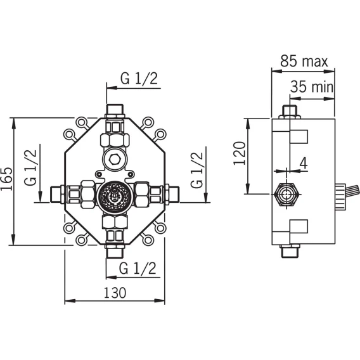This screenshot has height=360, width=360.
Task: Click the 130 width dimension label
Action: (115, 293)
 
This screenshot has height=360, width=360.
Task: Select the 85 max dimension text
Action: (304, 61)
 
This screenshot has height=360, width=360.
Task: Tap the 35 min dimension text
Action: (312, 87)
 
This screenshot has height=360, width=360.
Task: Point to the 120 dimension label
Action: (240, 153)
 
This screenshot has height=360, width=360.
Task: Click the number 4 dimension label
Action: (304, 164)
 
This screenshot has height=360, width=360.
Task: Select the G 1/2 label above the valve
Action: (139, 79)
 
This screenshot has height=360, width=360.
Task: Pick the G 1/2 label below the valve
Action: (138, 268)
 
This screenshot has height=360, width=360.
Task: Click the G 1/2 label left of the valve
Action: (30, 167)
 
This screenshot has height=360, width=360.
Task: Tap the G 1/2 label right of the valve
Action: (196, 170)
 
